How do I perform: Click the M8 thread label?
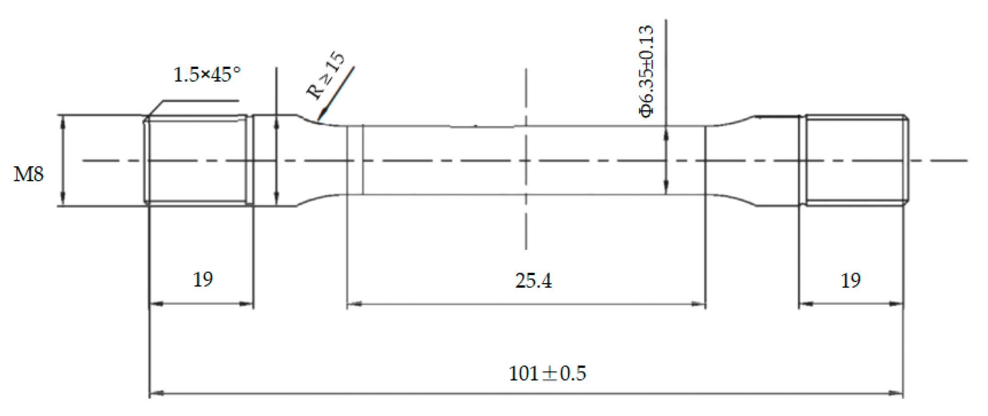coord(28,174)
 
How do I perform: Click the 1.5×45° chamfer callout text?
coord(207,75)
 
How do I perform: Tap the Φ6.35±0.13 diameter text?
coord(646,71)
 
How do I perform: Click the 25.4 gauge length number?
coord(533,280)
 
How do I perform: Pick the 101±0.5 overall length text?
coord(547,373)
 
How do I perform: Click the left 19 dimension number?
coord(203,280)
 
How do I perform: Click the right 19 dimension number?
coord(851,280)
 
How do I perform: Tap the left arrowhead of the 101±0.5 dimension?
coord(156,393)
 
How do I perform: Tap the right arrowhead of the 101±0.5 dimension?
coord(897,393)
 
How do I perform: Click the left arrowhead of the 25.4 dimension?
coord(354,304)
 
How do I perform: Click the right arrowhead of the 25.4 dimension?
coord(699,304)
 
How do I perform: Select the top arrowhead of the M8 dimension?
coord(63,122)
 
